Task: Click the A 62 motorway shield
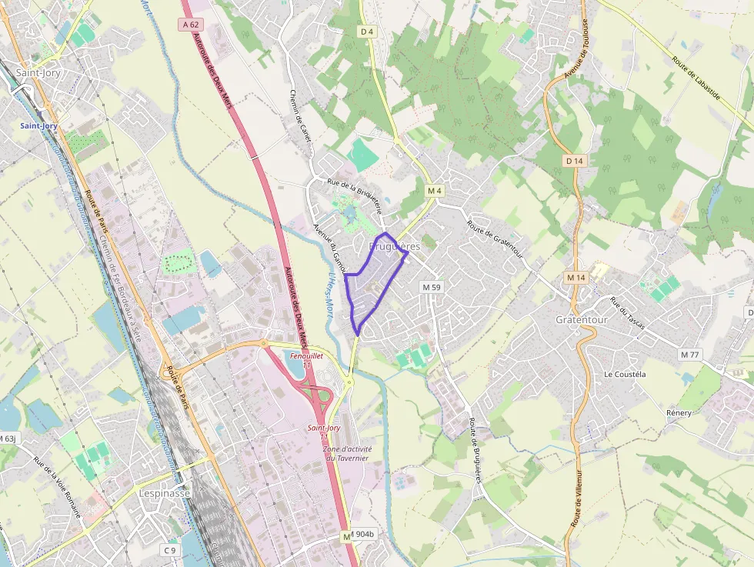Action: [x=192, y=25]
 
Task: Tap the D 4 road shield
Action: [x=366, y=32]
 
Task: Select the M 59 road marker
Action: [x=431, y=287]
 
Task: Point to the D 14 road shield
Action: [x=574, y=161]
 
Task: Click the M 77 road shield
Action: [x=689, y=355]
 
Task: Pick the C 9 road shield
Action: [x=170, y=550]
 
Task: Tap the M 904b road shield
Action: [x=362, y=534]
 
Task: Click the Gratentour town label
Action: [x=582, y=319]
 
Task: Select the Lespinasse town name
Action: [x=165, y=493]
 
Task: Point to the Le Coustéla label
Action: [x=625, y=375]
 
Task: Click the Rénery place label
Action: [x=679, y=413]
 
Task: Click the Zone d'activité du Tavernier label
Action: [x=347, y=453]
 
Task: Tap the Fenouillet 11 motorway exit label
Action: [x=306, y=360]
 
